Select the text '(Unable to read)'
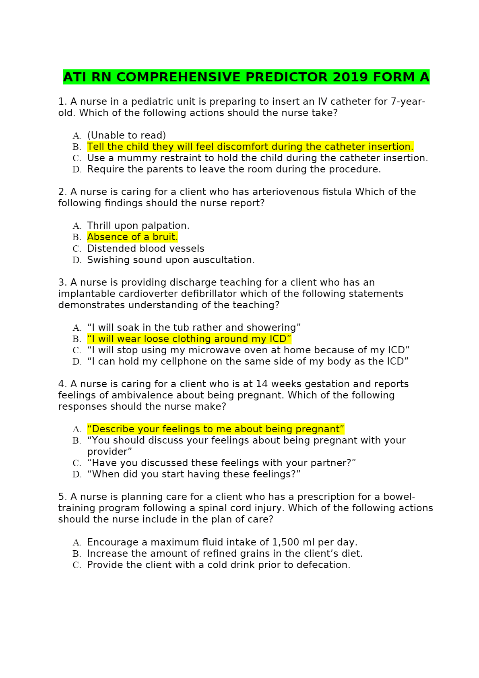tap(126, 135)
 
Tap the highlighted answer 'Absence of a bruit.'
tap(132, 237)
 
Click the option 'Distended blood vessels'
tap(146, 249)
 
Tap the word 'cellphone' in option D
tap(184, 361)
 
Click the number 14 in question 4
tap(261, 384)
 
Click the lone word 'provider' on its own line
tap(109, 452)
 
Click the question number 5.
tap(62, 497)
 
